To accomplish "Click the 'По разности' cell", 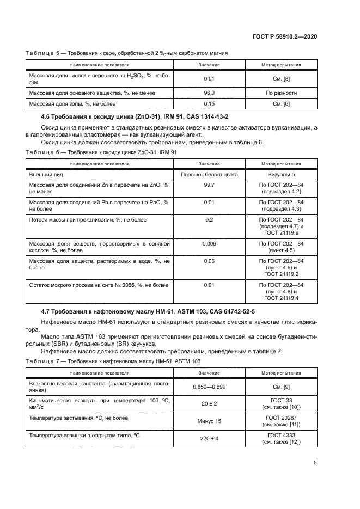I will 281,93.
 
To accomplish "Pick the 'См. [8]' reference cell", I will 281,79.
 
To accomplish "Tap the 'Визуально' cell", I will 281,175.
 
